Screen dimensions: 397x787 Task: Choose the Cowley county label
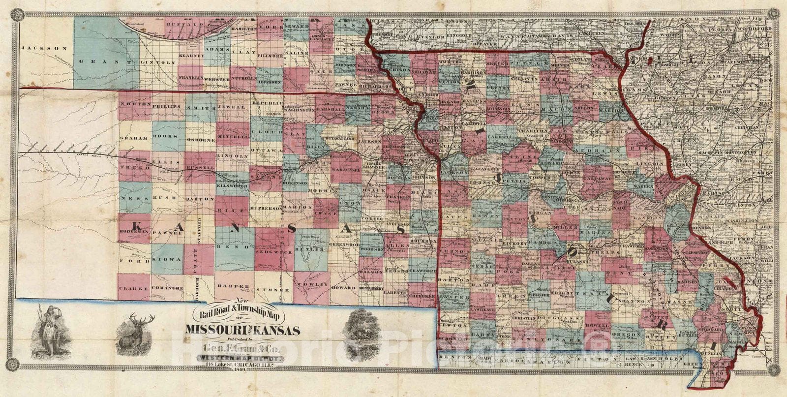[312, 285]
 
